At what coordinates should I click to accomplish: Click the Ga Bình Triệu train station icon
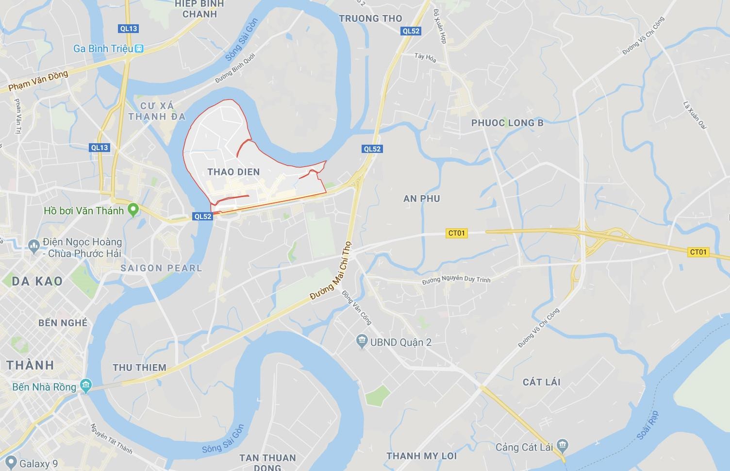[140, 49]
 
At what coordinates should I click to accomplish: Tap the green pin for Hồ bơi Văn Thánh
[133, 210]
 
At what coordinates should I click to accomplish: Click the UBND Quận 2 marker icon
[362, 342]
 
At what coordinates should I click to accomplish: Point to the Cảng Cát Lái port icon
[563, 446]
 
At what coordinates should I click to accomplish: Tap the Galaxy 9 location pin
[11, 463]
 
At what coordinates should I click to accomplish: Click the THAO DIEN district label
[233, 172]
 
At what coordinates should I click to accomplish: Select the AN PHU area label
[421, 198]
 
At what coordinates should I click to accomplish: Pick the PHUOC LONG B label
[507, 123]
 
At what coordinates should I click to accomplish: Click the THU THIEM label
[140, 368]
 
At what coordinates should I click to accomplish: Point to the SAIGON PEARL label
[161, 268]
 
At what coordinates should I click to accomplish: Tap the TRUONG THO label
[371, 18]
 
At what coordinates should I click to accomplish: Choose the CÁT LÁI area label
[541, 382]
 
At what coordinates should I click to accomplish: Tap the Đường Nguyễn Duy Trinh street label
[456, 280]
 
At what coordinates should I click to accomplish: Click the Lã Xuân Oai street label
[694, 116]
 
